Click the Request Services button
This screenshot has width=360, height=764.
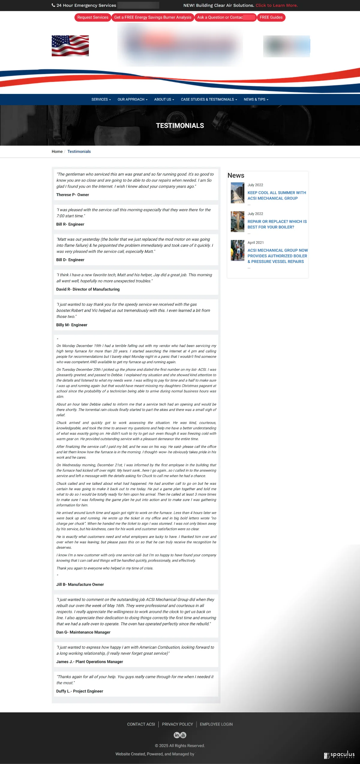tap(93, 17)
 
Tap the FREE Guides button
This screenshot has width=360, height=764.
tap(271, 17)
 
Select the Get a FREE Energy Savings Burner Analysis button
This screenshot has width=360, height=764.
tap(153, 17)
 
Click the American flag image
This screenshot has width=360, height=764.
tap(70, 46)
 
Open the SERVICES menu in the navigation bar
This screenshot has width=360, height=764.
tap(101, 99)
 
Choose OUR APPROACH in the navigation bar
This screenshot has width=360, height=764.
tap(132, 99)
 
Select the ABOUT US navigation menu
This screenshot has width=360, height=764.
tap(164, 99)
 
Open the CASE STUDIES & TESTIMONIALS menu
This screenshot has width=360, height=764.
tap(209, 99)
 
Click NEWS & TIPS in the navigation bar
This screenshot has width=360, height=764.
tap(256, 99)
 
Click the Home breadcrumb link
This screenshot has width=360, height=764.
tap(57, 152)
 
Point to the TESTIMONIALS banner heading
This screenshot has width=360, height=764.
tap(180, 125)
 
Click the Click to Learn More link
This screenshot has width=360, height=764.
tap(277, 5)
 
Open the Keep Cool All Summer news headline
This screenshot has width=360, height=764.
tap(277, 195)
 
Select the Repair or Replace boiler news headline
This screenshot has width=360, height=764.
tap(277, 224)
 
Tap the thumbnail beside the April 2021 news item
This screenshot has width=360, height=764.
tap(238, 250)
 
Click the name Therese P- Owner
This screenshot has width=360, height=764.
tap(73, 195)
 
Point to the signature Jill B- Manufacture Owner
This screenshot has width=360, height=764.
tap(80, 584)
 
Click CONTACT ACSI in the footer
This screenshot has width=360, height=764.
tap(141, 724)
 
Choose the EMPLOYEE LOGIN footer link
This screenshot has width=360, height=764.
tap(216, 724)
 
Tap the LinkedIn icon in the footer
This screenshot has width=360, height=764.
tap(177, 735)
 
